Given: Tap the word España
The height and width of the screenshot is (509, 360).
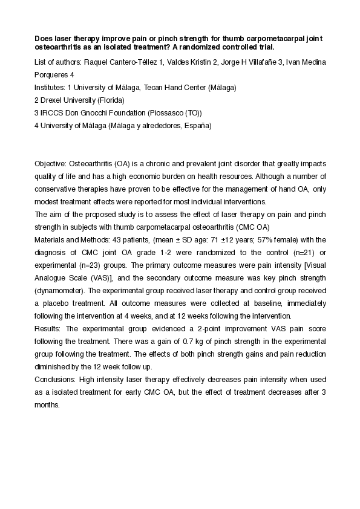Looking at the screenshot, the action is click(197, 126).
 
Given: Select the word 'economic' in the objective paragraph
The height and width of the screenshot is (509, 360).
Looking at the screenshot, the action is click(174, 177).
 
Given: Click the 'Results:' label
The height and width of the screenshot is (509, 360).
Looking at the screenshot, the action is click(48, 328).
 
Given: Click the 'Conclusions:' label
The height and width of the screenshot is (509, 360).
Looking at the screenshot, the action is click(56, 379).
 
